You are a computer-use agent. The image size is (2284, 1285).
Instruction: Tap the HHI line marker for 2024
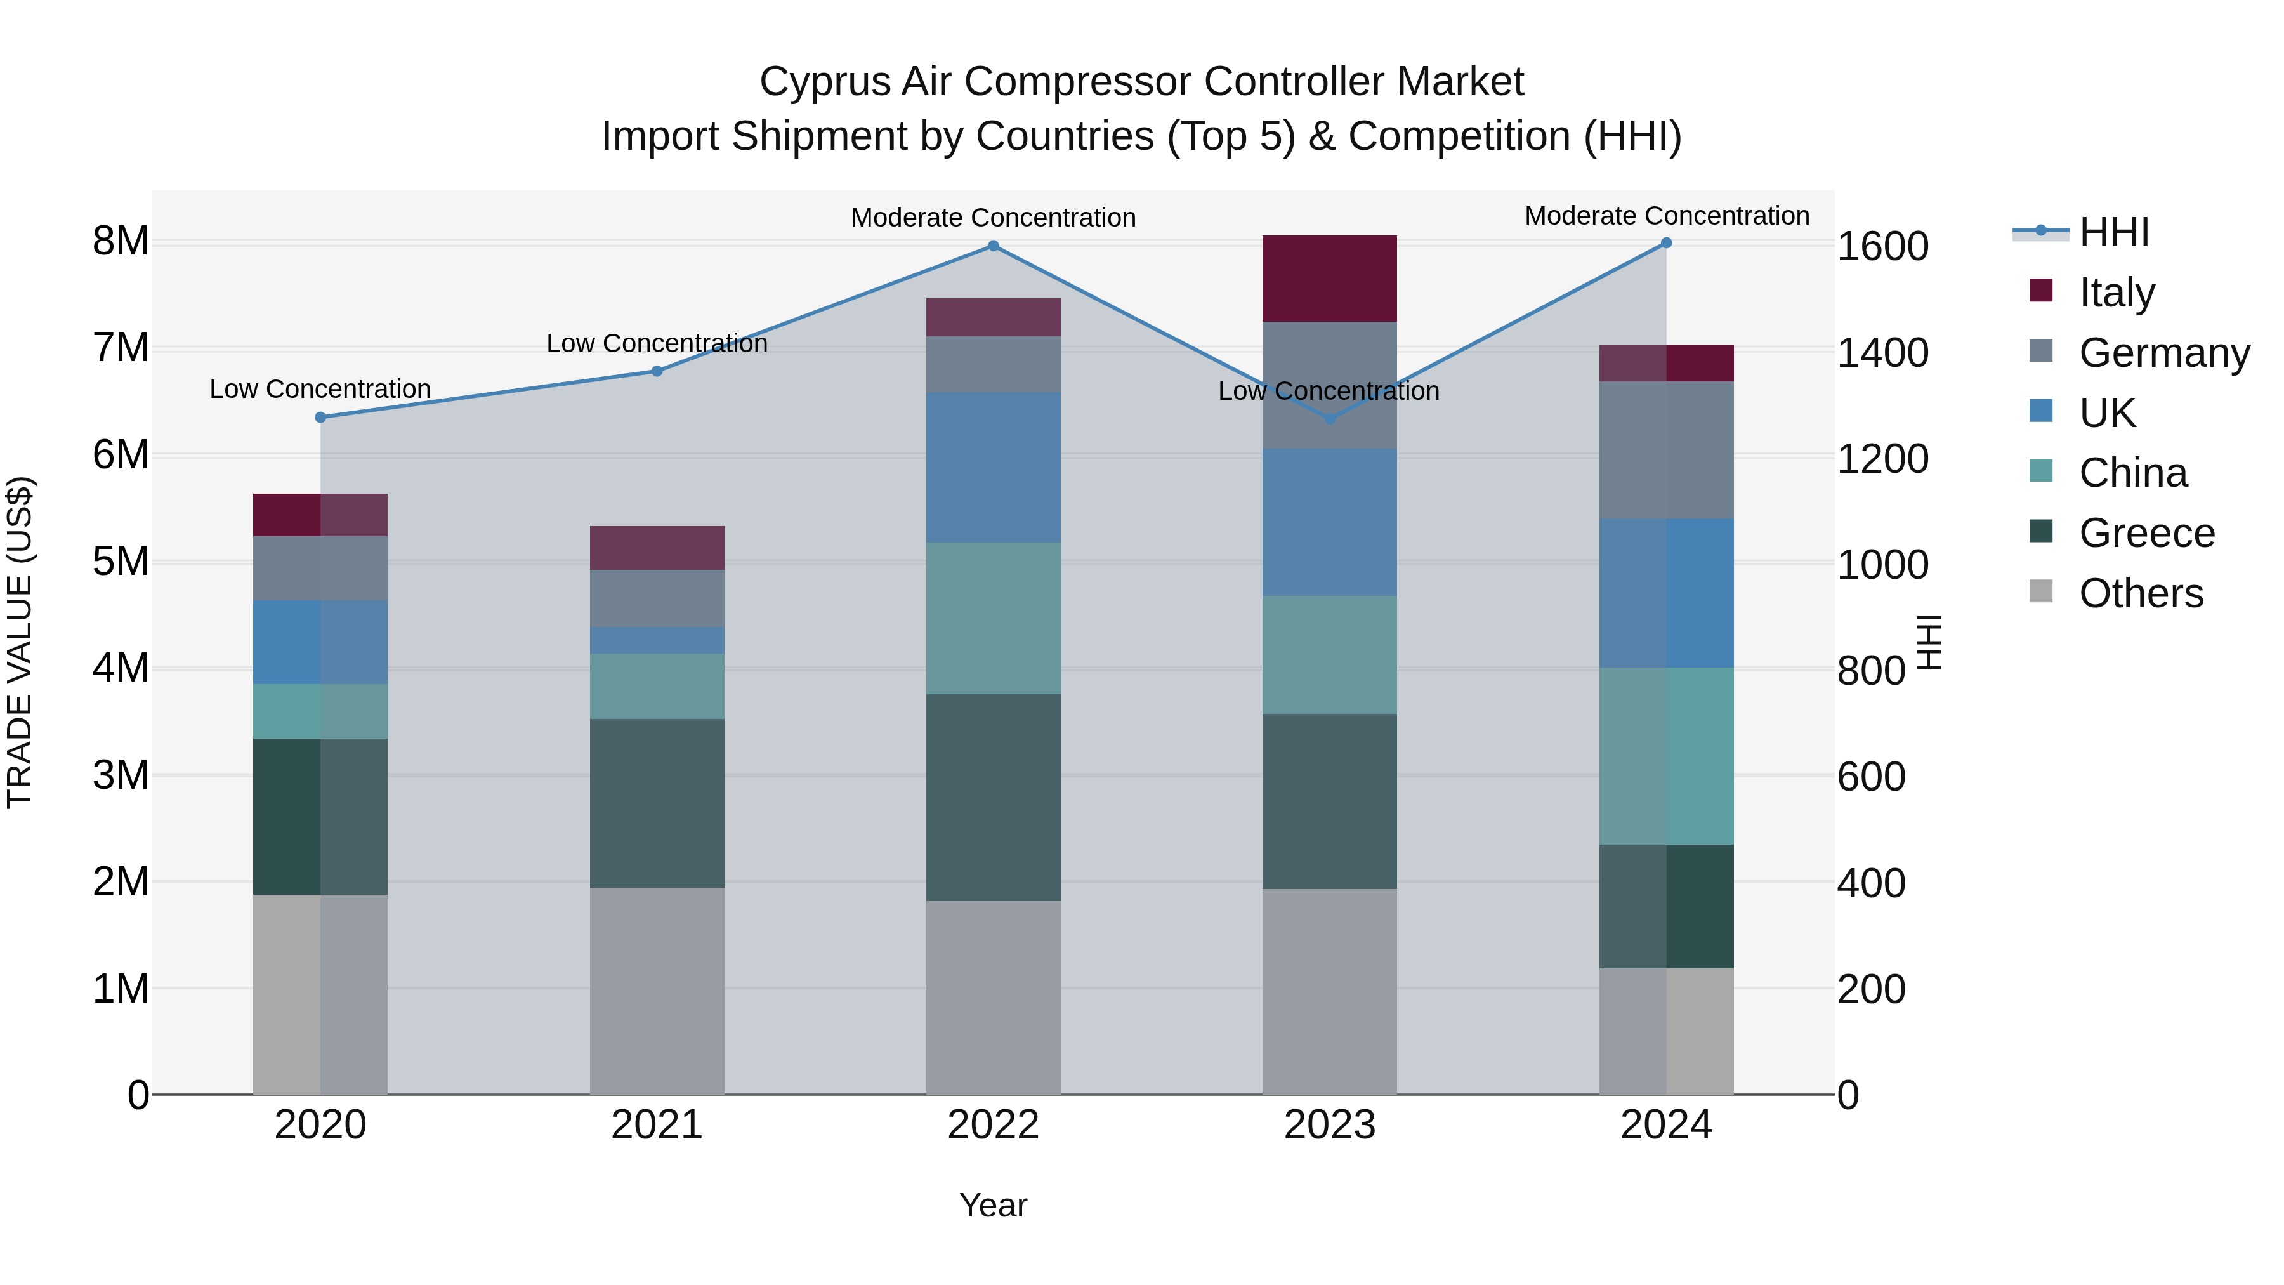coord(1666,243)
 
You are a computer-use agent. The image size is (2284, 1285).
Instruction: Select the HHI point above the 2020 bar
coord(321,417)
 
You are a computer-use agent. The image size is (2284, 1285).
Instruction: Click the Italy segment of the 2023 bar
coord(1329,279)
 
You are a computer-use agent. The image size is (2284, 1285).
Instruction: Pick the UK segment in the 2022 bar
coord(993,467)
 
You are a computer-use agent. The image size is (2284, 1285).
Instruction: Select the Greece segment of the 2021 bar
coord(657,803)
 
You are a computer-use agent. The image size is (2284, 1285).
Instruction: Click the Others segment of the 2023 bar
coord(1329,991)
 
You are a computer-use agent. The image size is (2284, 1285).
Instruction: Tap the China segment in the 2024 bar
coord(1666,756)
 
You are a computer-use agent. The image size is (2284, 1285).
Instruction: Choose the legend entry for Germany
coord(2163,353)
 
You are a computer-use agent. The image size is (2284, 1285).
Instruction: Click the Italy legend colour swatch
coord(2040,291)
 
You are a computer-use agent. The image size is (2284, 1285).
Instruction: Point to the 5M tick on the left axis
coord(121,562)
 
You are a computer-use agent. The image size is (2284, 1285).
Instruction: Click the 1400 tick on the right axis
coord(1882,353)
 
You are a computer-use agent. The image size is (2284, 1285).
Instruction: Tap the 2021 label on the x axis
coord(657,1125)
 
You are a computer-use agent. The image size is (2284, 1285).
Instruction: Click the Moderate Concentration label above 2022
coord(993,217)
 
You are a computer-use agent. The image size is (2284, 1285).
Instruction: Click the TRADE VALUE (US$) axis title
coord(20,642)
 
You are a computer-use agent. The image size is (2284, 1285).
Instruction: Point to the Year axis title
coord(993,1205)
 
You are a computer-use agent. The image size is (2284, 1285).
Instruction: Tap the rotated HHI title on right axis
coord(1929,642)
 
